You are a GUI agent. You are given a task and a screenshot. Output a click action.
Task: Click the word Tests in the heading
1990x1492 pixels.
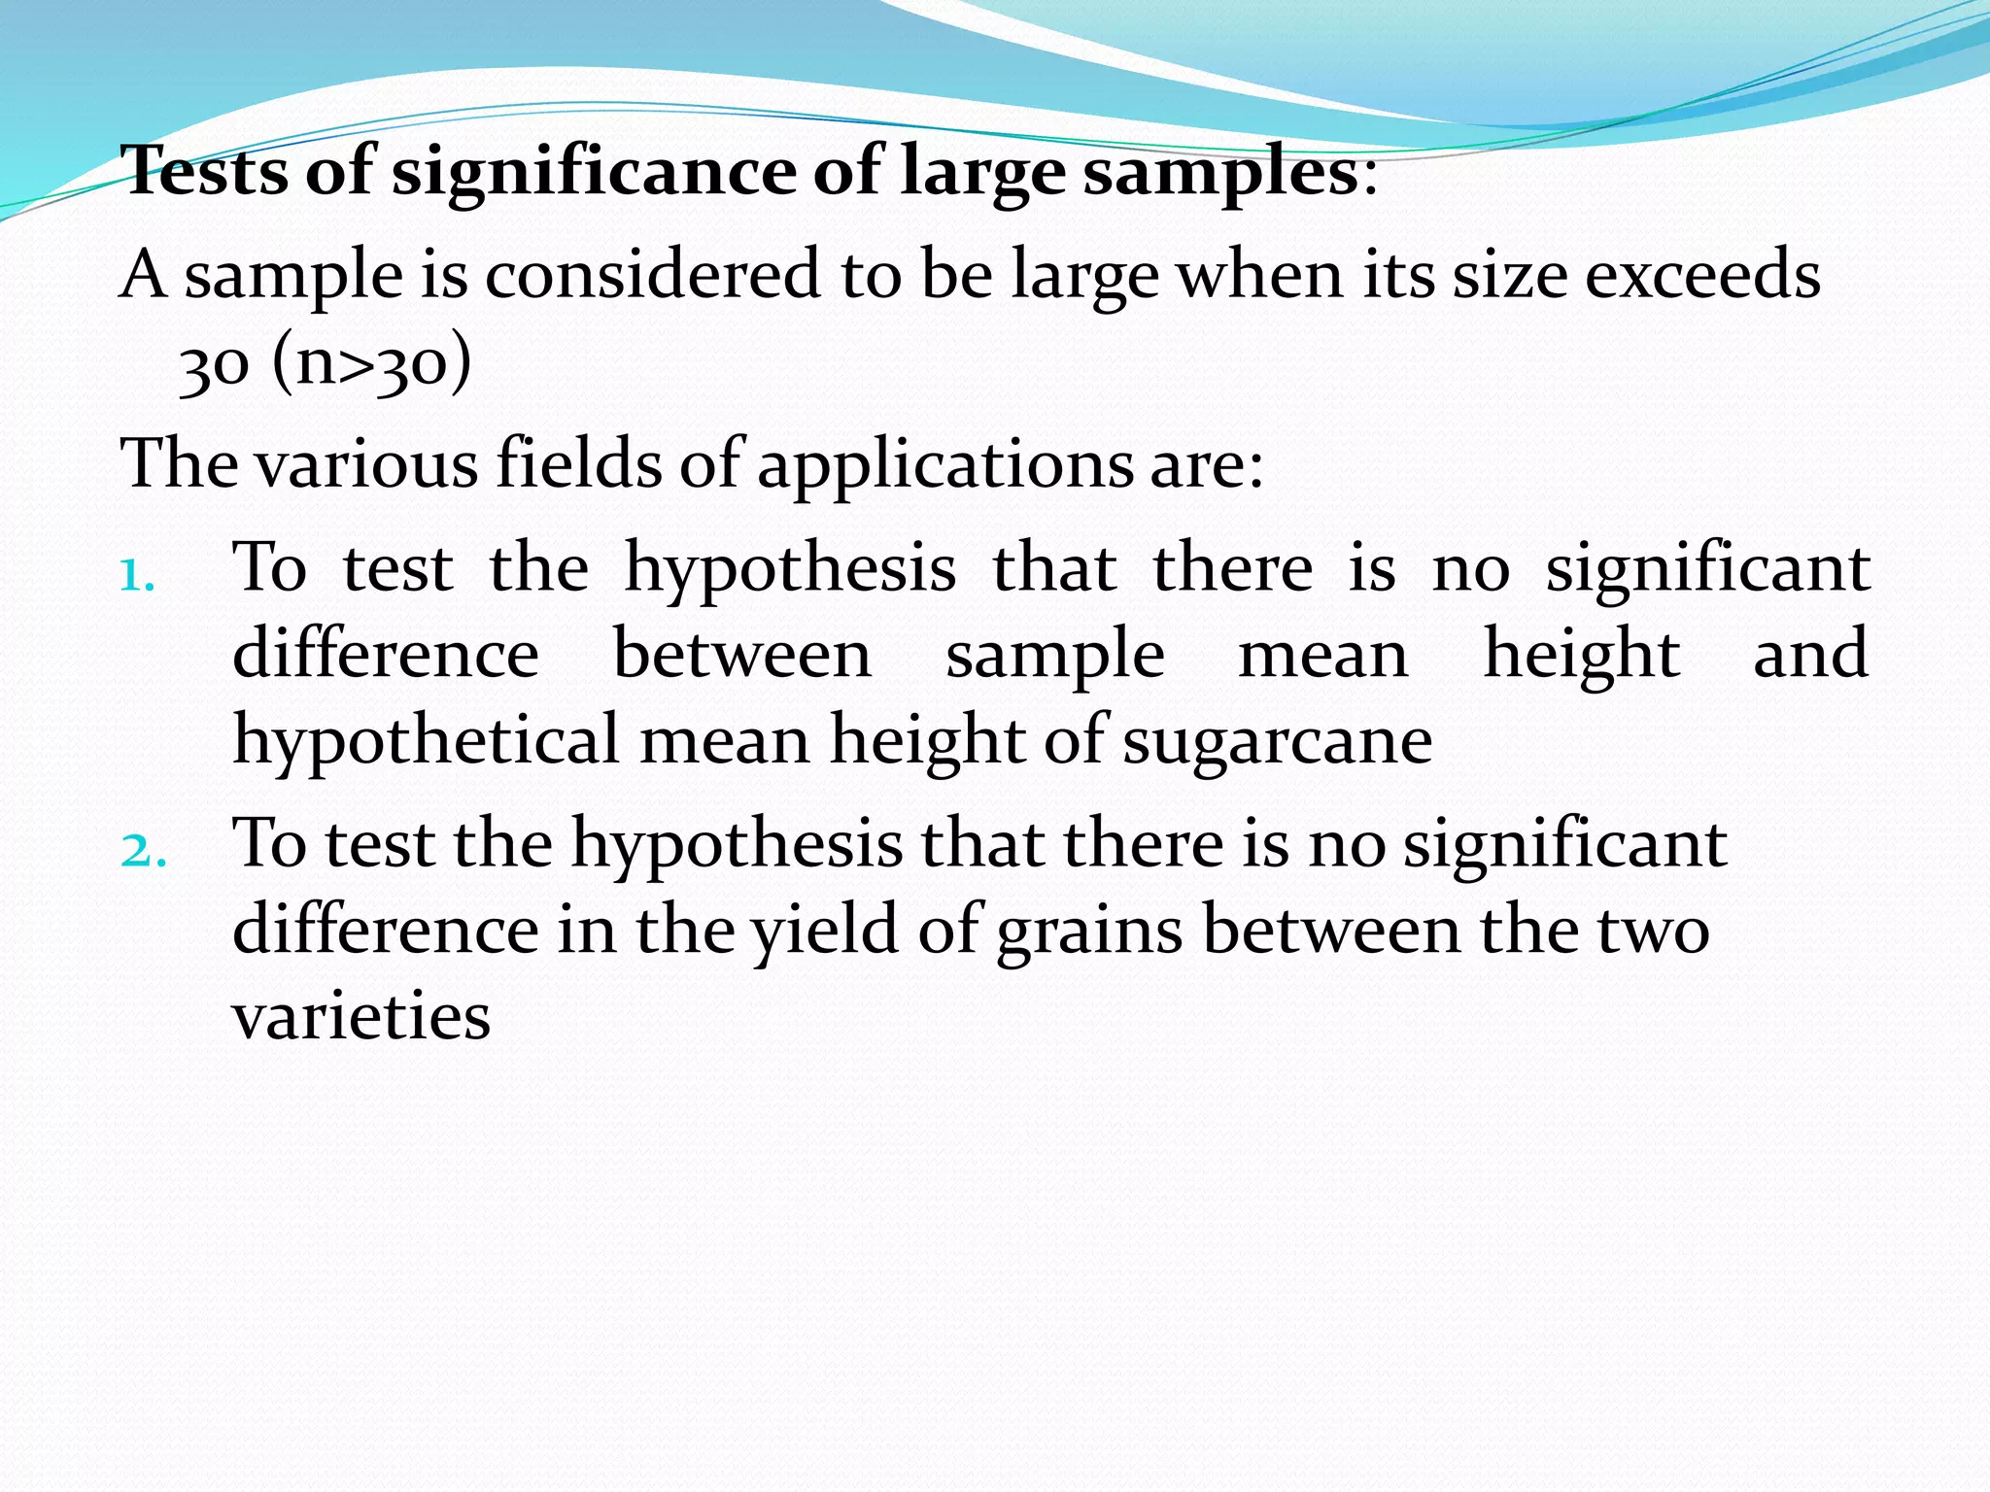[x=206, y=171]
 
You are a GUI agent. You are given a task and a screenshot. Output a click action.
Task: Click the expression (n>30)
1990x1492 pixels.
[x=371, y=363]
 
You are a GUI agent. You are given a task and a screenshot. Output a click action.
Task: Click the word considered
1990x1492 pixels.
[x=653, y=275]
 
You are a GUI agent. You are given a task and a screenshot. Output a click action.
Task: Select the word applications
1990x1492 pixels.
[x=944, y=464]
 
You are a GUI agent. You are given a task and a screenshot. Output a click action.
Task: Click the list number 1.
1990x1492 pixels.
[x=137, y=576]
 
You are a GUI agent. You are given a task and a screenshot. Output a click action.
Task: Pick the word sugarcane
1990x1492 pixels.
[x=1277, y=741]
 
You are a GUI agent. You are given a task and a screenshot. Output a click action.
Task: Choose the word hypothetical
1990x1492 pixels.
[x=426, y=741]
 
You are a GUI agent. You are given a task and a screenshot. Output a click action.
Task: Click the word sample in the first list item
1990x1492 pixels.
[x=1054, y=656]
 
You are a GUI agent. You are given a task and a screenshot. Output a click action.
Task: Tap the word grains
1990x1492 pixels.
[x=1089, y=931]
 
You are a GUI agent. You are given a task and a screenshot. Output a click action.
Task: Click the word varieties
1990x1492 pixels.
[x=361, y=1016]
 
